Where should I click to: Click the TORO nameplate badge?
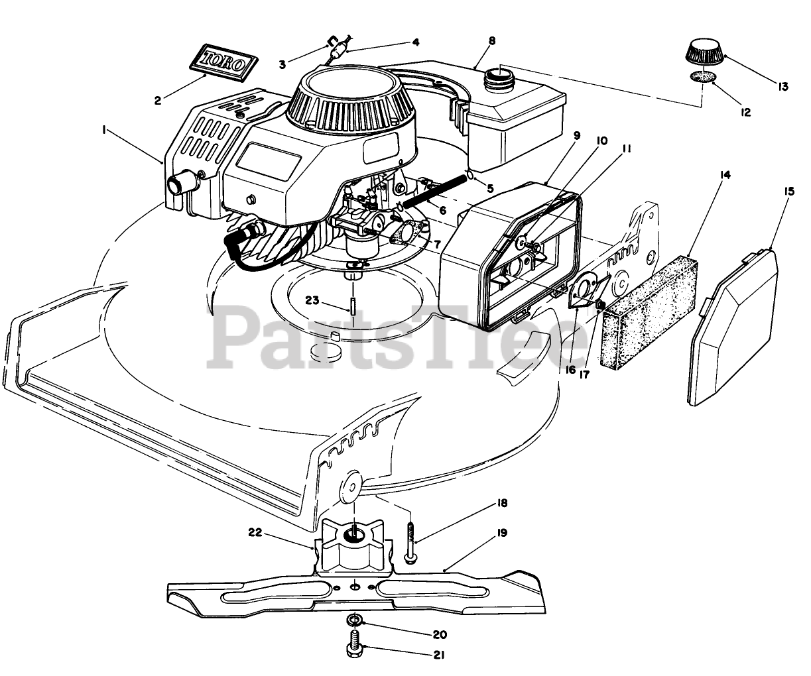(x=223, y=62)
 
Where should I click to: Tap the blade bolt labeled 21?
(x=354, y=642)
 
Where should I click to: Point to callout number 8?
(x=491, y=40)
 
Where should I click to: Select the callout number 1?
(x=105, y=132)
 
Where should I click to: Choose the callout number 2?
(x=157, y=101)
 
